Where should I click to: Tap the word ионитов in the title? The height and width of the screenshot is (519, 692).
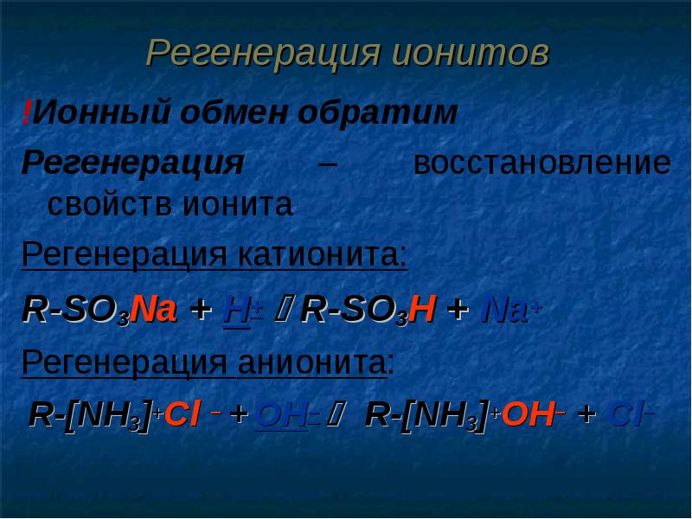coord(469,54)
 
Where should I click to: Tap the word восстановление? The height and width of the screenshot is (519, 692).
coord(541,163)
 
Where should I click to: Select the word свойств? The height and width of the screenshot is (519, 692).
coord(112,205)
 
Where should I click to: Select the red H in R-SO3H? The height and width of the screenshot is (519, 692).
coord(421,310)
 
